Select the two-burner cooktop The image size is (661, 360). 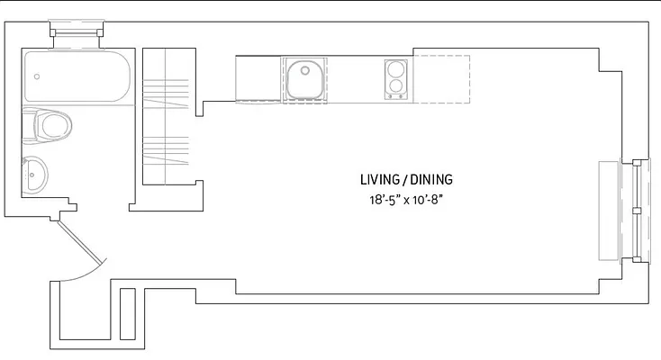click(396, 79)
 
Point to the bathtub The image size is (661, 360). click(78, 78)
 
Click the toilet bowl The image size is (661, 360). click(50, 125)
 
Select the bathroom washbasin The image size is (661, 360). click(36, 175)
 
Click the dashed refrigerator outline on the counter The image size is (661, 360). click(441, 79)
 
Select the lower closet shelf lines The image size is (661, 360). click(167, 149)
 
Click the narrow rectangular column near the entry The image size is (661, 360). click(127, 312)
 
